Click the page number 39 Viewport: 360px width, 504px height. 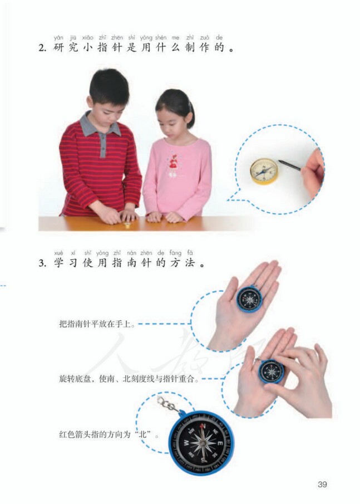[x=322, y=484]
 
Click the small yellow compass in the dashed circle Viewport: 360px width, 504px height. [x=263, y=170]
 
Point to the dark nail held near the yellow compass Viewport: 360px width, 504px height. [x=289, y=164]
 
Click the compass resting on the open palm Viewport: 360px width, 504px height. [x=249, y=299]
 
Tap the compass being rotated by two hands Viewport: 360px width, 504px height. [x=272, y=371]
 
